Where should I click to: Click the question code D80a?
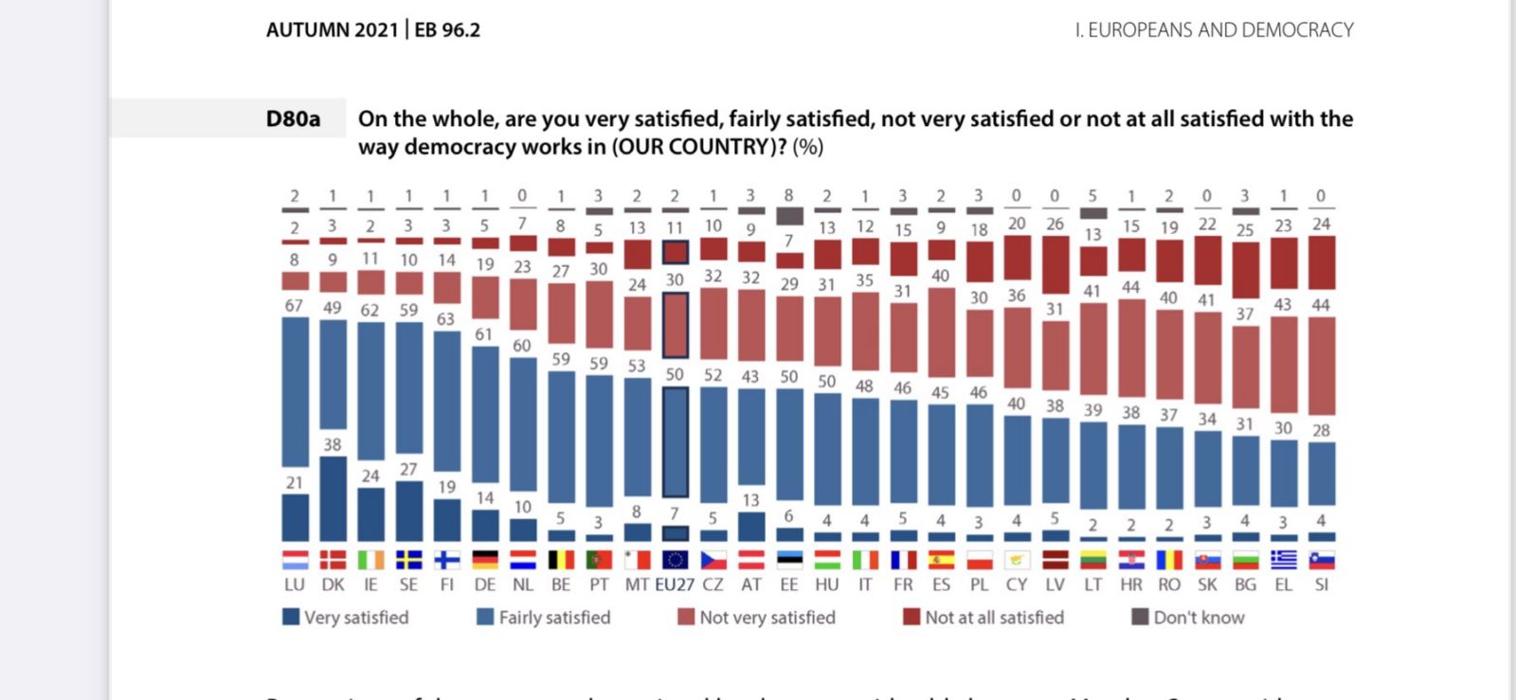(293, 119)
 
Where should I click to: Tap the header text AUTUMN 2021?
(332, 30)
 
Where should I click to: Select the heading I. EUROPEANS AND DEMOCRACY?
(1214, 30)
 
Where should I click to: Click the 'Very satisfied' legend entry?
(346, 618)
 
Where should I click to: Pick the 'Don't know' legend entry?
(1188, 618)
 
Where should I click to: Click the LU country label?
(295, 584)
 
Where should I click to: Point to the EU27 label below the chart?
(675, 584)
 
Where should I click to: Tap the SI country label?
(1322, 584)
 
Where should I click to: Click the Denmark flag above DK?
(333, 560)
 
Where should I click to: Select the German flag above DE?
(485, 560)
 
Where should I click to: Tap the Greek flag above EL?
(1284, 560)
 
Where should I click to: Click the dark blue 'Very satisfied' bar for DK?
(333, 499)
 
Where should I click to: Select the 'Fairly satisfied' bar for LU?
(295, 391)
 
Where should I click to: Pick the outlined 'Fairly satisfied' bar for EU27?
(675, 441)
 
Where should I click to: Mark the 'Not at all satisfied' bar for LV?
(1056, 264)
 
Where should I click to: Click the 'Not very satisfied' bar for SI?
(1322, 366)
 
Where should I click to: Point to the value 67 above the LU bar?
(294, 306)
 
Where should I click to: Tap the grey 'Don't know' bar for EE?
(789, 216)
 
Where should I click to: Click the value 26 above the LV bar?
(1055, 224)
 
